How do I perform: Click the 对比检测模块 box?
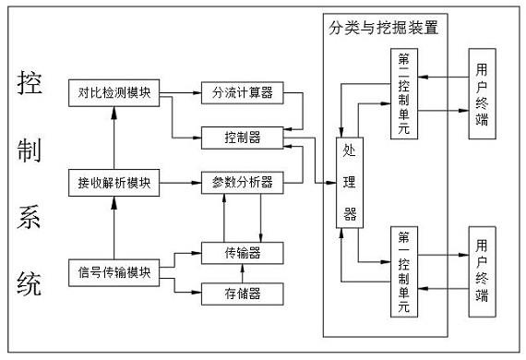click(114, 92)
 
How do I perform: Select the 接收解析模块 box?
click(114, 182)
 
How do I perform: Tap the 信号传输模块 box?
click(114, 272)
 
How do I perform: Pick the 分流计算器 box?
click(242, 92)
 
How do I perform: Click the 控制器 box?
click(242, 138)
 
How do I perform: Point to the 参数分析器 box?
click(242, 182)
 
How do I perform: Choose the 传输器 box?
click(242, 250)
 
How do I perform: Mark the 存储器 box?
click(242, 294)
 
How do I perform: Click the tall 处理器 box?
click(350, 183)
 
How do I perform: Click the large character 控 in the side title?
click(29, 86)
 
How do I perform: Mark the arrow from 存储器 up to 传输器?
click(242, 273)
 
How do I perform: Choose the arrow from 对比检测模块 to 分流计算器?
click(183, 92)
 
